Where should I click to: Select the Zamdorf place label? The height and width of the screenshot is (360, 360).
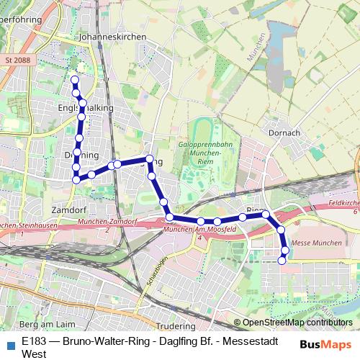(x=69, y=210)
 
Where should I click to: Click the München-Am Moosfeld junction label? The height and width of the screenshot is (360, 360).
(x=190, y=229)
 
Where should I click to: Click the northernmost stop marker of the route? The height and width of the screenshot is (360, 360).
(x=74, y=79)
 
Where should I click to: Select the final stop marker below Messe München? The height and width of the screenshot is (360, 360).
(x=282, y=260)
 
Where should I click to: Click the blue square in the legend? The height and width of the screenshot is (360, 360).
(x=9, y=343)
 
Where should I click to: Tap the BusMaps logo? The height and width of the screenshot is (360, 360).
(x=326, y=344)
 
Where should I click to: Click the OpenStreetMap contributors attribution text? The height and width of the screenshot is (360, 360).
(x=297, y=323)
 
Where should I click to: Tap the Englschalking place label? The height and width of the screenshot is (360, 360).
(x=86, y=108)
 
